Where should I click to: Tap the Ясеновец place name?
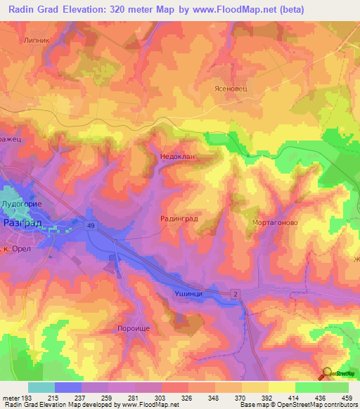click(x=230, y=89)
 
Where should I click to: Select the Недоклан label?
click(x=176, y=157)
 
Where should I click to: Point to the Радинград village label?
click(x=179, y=219)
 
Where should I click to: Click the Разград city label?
click(x=23, y=222)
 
